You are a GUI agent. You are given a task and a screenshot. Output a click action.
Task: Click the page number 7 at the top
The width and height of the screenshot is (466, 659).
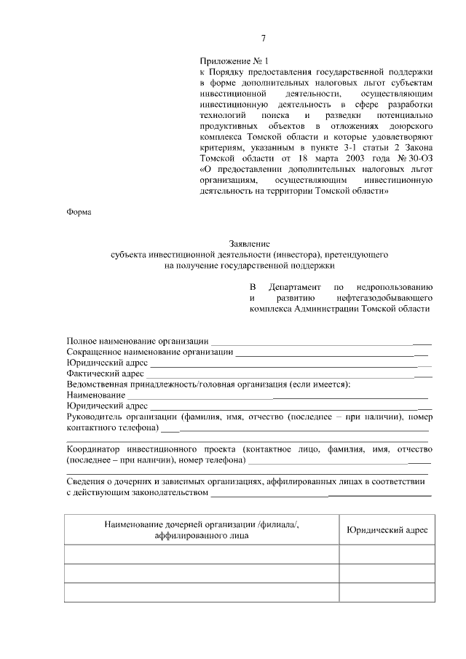pos(264,38)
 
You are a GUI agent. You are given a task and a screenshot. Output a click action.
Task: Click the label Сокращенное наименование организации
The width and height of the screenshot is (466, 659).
pos(149,352)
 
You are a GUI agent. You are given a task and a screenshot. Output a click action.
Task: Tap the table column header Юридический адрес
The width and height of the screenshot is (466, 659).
pos(387,531)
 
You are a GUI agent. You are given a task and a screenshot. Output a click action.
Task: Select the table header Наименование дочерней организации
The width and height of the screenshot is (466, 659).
pos(202,525)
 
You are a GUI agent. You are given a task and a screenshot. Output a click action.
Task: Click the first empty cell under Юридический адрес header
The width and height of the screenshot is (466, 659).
pos(387,555)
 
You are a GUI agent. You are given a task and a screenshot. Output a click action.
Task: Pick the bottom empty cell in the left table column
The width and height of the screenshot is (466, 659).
pos(202,593)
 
